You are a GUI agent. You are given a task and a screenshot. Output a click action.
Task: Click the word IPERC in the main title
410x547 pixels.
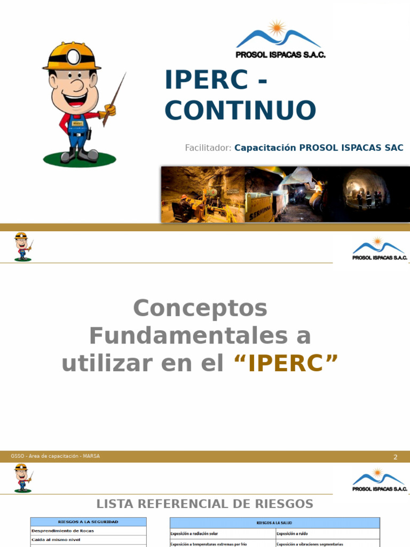coord(206,80)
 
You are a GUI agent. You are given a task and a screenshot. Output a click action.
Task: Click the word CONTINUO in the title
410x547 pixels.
coord(240,110)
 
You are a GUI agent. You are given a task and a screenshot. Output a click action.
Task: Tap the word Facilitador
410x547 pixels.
coord(208,148)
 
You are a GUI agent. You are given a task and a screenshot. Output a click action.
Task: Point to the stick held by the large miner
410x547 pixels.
coord(115,99)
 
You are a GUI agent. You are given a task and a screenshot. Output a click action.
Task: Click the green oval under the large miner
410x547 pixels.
coord(80,158)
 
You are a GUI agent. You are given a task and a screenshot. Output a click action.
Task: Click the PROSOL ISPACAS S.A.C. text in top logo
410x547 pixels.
coord(280,54)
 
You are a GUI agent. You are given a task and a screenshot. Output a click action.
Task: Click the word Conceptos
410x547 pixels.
coord(200,308)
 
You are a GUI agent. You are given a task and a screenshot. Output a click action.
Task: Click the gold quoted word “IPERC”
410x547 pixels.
coord(286,364)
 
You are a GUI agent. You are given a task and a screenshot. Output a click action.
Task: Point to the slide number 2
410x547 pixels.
coord(396,457)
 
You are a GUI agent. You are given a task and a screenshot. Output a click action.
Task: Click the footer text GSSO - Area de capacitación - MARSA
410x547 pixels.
coord(56,456)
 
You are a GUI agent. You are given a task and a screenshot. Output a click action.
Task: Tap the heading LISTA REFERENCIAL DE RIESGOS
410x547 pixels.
coord(204,504)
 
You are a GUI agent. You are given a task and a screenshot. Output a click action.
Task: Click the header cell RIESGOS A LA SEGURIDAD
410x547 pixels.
coord(88,522)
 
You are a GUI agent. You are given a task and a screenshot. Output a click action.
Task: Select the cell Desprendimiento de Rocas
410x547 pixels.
coord(63,531)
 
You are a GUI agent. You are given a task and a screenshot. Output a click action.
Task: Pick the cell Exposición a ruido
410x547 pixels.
coord(292,534)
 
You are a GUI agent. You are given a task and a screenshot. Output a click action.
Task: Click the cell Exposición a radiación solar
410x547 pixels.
coord(194,534)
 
